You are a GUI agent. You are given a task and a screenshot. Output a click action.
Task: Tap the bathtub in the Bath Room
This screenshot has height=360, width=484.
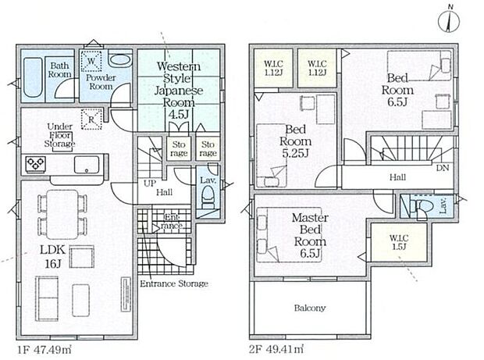33,77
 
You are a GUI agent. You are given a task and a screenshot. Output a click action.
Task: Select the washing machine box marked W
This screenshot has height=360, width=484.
91,61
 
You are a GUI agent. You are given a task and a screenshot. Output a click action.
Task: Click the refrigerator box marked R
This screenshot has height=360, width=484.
91,119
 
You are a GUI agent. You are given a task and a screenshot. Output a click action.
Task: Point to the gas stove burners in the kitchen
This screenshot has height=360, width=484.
35,163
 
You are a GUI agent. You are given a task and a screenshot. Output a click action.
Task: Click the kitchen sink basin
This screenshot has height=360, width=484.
87,165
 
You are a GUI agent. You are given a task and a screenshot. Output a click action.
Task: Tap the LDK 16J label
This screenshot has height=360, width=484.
53,256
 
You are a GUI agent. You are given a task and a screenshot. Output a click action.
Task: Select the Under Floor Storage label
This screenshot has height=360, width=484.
59,135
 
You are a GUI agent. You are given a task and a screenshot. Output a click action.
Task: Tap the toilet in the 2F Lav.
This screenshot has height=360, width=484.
420,205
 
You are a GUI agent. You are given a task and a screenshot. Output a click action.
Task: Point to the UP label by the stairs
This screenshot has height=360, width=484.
150,184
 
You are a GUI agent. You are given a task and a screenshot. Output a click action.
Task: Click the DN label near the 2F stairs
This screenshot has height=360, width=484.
443,168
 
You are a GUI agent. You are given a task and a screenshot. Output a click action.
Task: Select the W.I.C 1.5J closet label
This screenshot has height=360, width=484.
399,242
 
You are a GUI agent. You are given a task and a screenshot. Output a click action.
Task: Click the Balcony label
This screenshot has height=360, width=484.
310,308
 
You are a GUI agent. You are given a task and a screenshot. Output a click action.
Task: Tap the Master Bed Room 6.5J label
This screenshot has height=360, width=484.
310,235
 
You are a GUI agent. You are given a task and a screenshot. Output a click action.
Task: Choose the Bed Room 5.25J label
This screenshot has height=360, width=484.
295,141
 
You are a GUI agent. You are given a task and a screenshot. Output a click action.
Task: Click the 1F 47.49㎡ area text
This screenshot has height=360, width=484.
44,350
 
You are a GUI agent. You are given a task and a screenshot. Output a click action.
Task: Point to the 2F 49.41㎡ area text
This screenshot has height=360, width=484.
276,349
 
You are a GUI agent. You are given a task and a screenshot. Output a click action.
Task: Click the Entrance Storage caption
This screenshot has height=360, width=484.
174,283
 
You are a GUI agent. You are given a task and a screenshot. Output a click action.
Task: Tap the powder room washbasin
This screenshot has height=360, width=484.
119,60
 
